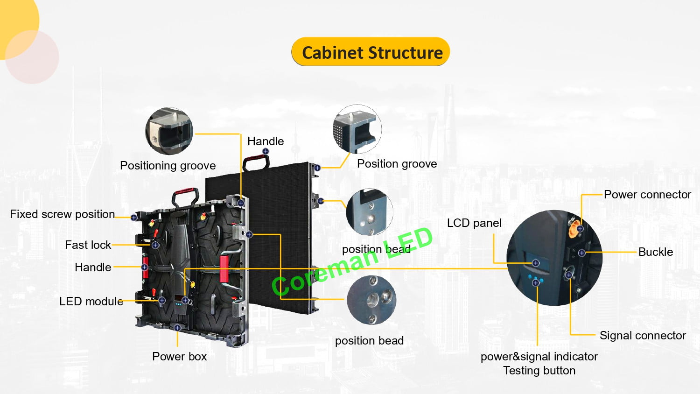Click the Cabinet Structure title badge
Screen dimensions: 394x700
tap(371, 52)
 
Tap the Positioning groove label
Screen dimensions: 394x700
tap(168, 166)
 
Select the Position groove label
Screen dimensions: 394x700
tap(397, 164)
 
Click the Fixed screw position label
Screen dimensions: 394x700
tap(62, 214)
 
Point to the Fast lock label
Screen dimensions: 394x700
tap(88, 245)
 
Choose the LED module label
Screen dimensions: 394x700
tap(91, 302)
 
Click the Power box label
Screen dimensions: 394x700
tap(179, 357)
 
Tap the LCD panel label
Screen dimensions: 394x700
tap(474, 223)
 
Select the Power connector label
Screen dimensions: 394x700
tap(647, 195)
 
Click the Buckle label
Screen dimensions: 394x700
tap(655, 252)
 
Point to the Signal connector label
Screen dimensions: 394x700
tap(642, 336)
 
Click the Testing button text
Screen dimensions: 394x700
tap(539, 371)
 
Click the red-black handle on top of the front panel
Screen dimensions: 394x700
tap(256, 162)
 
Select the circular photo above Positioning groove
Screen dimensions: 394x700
tap(169, 131)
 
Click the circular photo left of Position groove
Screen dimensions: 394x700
tap(357, 129)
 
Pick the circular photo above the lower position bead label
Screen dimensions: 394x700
tap(371, 300)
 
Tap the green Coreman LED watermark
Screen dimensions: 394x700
tap(352, 261)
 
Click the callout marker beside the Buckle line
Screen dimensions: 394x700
tap(581, 253)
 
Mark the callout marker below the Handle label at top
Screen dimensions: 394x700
tap(266, 151)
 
